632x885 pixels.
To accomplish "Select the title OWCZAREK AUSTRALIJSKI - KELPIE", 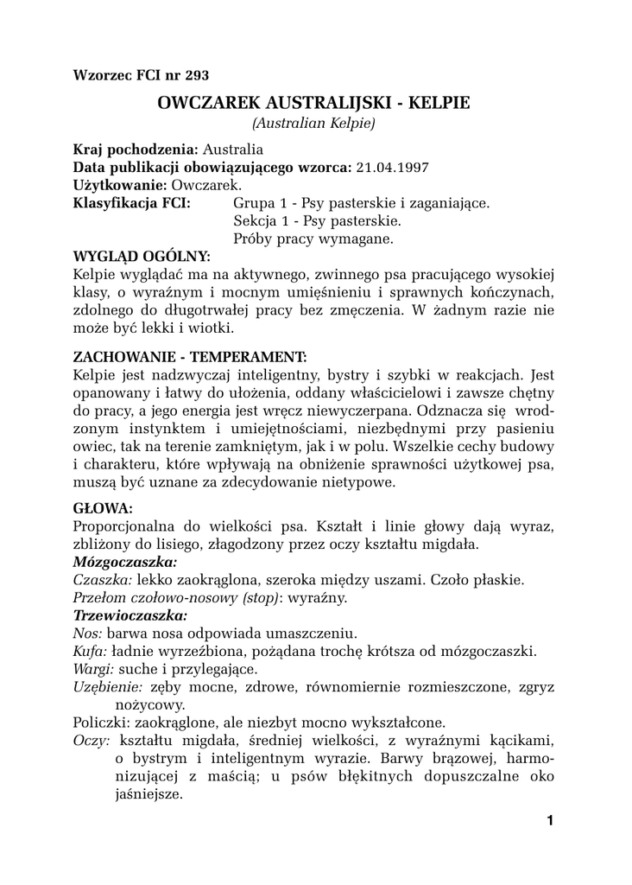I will [314, 103].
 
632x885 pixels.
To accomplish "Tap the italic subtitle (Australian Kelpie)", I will [313, 124].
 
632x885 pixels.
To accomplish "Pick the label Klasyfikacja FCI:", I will [133, 203].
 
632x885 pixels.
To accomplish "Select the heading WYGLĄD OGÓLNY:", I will [142, 257].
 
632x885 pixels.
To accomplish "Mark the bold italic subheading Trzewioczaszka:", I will [130, 615].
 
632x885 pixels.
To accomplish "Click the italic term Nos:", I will [88, 634].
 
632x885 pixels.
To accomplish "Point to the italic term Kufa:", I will [91, 651].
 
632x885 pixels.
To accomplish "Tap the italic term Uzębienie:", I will [108, 687].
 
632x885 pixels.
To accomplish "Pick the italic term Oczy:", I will [92, 741].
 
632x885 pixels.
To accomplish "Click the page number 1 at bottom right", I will [549, 821].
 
